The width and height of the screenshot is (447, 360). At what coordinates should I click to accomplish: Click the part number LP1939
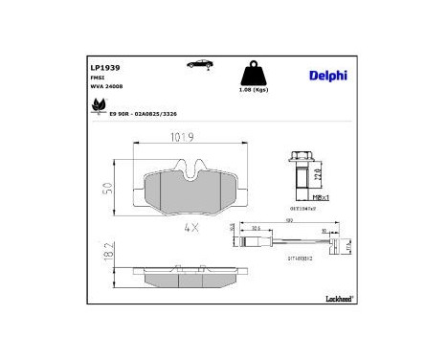[x=104, y=68]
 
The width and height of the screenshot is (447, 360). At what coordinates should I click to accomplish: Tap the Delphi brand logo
[x=327, y=75]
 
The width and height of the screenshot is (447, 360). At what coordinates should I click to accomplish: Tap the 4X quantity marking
[x=190, y=228]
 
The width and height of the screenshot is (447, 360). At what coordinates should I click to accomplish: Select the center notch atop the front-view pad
[x=191, y=169]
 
